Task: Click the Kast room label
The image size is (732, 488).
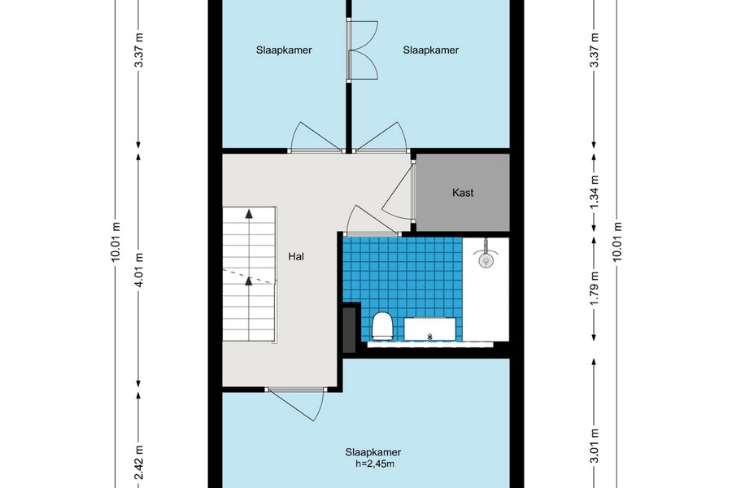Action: point(463,193)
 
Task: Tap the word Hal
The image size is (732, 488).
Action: point(296,256)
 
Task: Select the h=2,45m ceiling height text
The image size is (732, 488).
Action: point(375,464)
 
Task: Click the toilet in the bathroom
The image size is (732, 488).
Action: point(382,325)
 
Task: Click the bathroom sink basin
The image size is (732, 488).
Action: point(430,329)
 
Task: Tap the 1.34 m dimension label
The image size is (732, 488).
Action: point(594,192)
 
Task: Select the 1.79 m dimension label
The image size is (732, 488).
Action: point(594,289)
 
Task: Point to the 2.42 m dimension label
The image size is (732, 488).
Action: point(138,462)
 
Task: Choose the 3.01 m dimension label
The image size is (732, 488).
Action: point(594,446)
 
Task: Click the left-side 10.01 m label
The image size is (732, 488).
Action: point(115,242)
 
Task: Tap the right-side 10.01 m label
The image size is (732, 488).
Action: point(617,242)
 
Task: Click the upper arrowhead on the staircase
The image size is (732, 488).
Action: point(249,214)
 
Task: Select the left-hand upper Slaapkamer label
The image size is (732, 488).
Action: point(284,50)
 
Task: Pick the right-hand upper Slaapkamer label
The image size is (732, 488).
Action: point(431,50)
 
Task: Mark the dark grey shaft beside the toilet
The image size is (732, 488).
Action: point(349,329)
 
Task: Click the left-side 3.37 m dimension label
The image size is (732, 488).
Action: point(138,50)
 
